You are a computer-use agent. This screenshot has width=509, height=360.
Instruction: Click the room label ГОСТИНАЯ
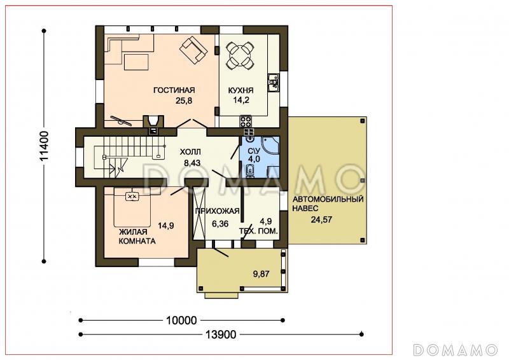(x=174, y=90)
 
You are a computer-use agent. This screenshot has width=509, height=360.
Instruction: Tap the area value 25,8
(x=184, y=100)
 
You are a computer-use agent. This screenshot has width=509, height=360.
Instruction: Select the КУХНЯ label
(x=241, y=90)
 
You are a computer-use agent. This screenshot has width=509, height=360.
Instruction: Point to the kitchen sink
(x=274, y=83)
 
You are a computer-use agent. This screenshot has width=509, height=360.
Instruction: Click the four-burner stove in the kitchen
(x=246, y=121)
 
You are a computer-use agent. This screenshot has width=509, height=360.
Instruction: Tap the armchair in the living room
(x=193, y=50)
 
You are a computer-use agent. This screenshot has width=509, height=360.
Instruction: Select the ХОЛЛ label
(x=190, y=151)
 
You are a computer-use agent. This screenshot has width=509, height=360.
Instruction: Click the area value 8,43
(x=192, y=162)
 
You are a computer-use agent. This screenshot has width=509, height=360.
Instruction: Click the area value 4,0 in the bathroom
(x=254, y=159)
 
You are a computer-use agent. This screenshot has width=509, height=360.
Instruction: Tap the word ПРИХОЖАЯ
(x=217, y=211)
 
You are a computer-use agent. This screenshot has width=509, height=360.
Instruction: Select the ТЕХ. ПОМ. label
(x=258, y=231)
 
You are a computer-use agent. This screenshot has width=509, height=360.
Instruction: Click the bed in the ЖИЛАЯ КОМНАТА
(x=132, y=207)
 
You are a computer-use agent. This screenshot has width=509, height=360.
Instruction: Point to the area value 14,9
(x=166, y=225)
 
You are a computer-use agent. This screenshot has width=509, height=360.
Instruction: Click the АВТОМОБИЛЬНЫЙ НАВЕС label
(x=328, y=204)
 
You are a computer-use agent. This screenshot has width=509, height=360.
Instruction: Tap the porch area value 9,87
(x=261, y=273)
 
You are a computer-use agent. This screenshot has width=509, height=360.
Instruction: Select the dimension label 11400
(x=44, y=146)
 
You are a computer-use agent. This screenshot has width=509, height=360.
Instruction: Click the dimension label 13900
(x=221, y=334)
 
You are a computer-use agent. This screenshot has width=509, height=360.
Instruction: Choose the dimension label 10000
(x=181, y=321)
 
